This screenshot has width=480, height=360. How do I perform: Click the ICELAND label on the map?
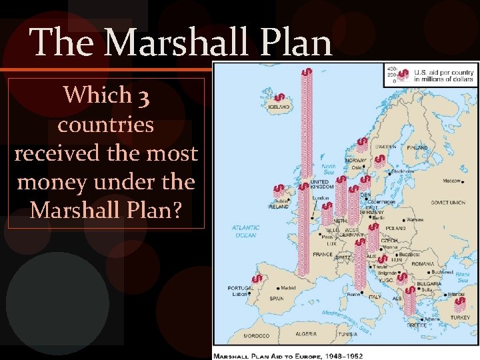point(279,107)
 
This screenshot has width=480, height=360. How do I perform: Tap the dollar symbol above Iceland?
point(280,97)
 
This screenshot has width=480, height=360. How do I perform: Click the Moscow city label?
point(451,181)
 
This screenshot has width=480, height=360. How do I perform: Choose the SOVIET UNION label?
point(448,202)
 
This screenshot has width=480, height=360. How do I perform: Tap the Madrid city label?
point(288,288)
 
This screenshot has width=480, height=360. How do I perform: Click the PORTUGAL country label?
point(240,289)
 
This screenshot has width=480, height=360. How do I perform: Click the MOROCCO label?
point(256,335)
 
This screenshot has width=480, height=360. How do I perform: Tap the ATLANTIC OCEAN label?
point(244,231)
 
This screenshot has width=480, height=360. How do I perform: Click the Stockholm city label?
point(403,171)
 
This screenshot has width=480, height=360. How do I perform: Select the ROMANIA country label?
point(423,264)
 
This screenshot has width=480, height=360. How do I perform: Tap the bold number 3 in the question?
point(145,96)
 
